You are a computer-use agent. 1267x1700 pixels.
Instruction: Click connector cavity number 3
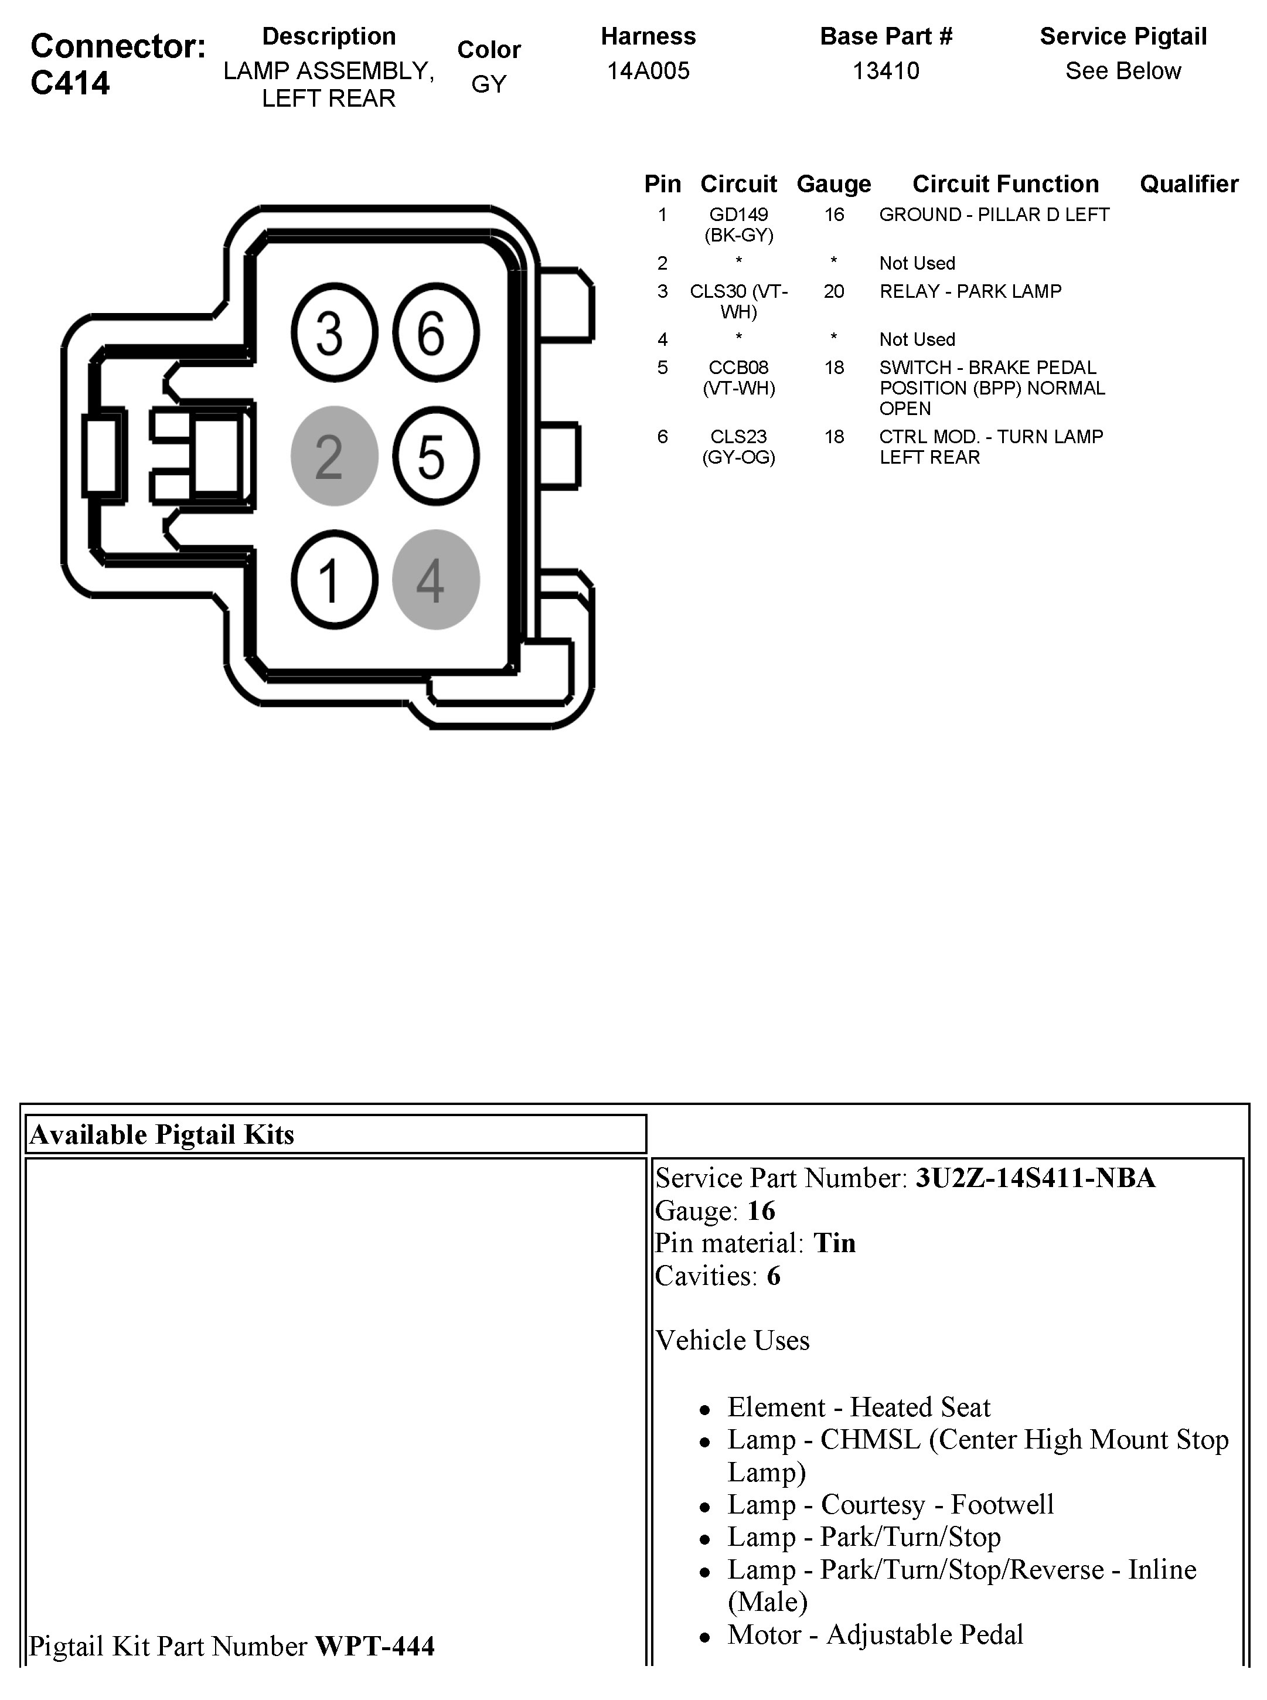click(333, 333)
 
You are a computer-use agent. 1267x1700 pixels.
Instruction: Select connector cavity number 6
click(435, 333)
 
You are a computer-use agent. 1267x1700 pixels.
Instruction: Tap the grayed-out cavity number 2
click(333, 457)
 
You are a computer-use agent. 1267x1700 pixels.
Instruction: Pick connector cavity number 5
click(435, 457)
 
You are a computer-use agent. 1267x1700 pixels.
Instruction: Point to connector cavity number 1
click(333, 580)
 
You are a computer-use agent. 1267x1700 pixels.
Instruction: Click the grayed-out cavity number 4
click(435, 580)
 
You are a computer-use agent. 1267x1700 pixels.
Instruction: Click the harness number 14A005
click(648, 70)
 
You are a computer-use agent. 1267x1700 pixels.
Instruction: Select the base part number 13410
click(886, 70)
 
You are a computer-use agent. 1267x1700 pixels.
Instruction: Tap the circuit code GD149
click(738, 215)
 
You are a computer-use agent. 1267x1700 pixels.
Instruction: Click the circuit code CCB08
click(738, 368)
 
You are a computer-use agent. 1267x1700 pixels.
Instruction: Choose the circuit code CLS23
click(738, 437)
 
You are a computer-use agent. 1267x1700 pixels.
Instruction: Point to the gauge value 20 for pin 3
click(834, 291)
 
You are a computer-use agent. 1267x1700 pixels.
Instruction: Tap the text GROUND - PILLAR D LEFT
click(994, 215)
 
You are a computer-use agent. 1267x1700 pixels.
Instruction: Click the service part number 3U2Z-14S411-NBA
click(1036, 1178)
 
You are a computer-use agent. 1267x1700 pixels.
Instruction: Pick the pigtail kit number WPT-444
click(375, 1645)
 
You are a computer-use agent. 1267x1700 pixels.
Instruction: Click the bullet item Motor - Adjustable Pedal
click(875, 1634)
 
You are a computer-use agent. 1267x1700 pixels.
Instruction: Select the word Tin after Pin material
click(835, 1243)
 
